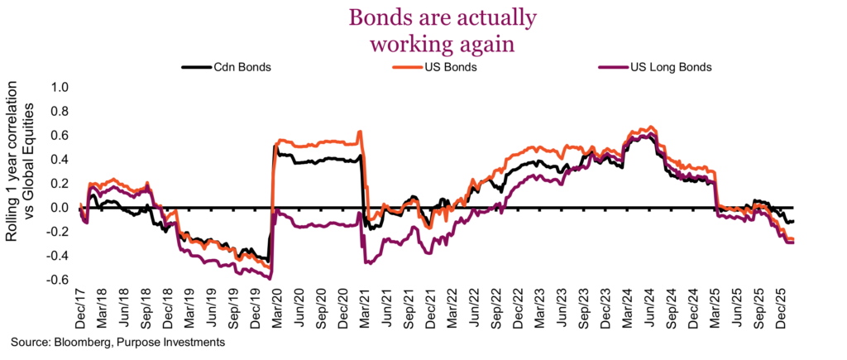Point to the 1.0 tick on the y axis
[x=60, y=87]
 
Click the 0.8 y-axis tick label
[x=60, y=111]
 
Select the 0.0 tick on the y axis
[x=60, y=208]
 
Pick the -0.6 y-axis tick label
[x=59, y=280]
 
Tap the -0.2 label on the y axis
[x=59, y=232]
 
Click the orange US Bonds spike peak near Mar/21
[x=359, y=132]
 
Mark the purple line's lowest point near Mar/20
[x=270, y=277]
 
